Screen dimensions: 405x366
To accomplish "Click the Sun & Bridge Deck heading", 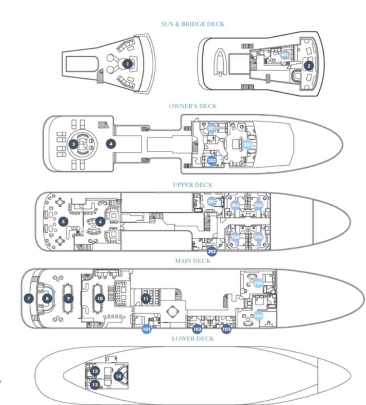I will coord(192,24).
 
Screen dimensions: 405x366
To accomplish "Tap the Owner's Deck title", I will coord(192,106).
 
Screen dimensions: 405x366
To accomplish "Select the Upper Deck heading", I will coord(192,185).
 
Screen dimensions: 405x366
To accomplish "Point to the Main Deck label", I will coord(192,261).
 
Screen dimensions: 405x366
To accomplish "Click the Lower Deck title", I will coord(192,339).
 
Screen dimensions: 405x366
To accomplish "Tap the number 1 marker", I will coord(127,64).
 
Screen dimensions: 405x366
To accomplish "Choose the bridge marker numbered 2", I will coord(308,66).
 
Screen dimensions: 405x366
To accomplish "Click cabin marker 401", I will coord(285,55).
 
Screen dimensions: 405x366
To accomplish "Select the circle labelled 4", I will coord(111,144).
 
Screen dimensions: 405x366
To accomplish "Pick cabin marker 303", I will coord(247,145).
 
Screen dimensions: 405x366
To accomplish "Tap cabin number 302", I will coord(212,161).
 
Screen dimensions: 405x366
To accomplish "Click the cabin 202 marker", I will coord(212,251).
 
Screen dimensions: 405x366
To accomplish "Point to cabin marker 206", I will coord(258,237).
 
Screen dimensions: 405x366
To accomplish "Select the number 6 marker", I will coord(100,222).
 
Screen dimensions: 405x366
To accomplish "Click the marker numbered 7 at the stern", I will coord(28,298).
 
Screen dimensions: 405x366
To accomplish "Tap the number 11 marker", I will coord(146,298).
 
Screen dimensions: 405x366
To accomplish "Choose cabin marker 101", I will coord(147,329).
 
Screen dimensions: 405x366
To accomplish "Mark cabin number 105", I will coord(258,283).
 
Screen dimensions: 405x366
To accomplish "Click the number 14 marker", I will coord(118,376).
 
